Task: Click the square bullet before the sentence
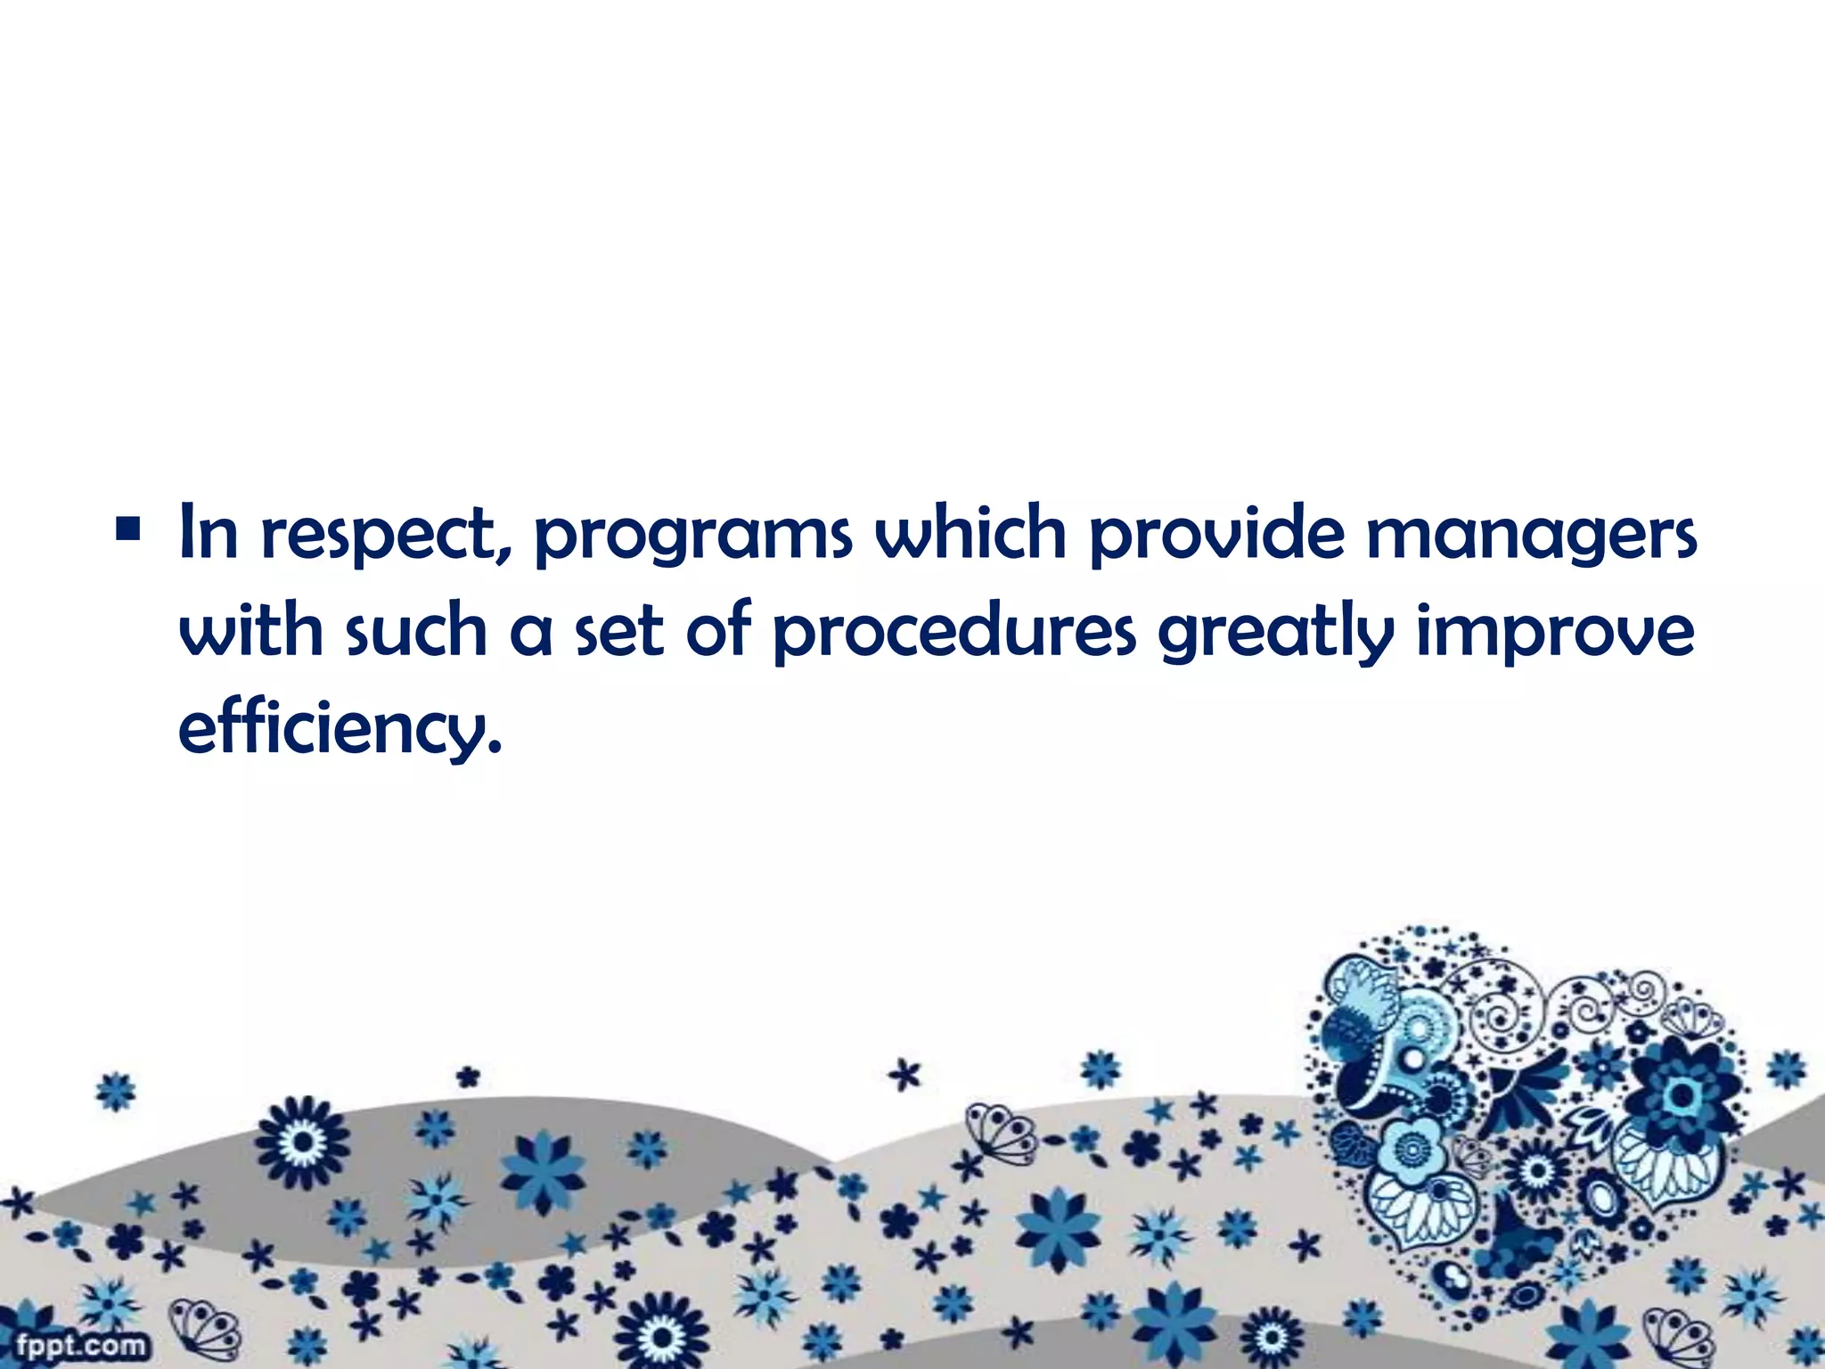tap(127, 533)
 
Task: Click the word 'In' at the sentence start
tap(209, 533)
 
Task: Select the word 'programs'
tap(693, 538)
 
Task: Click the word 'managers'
tap(1531, 538)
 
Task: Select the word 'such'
tap(415, 631)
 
